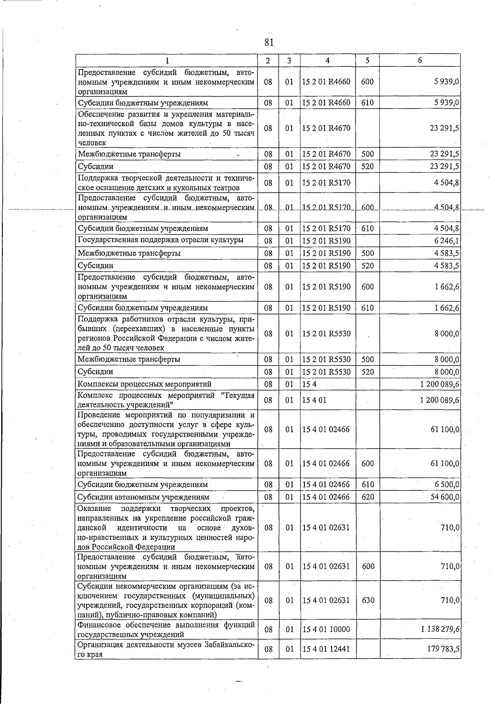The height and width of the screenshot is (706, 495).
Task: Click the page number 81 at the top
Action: (x=269, y=42)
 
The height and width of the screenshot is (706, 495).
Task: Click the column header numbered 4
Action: (x=327, y=60)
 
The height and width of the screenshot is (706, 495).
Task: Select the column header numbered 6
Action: (x=420, y=60)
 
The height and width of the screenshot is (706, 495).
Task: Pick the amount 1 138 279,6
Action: (x=440, y=629)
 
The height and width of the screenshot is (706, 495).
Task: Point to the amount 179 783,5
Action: (x=443, y=649)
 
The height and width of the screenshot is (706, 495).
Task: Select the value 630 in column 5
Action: (x=368, y=600)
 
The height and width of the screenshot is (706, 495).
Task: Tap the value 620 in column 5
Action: (x=368, y=497)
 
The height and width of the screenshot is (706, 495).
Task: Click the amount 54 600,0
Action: (x=445, y=497)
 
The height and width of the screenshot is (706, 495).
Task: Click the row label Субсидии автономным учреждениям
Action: (x=143, y=497)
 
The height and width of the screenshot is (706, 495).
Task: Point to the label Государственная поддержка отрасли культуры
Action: (x=160, y=240)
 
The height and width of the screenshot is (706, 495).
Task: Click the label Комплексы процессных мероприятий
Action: (x=144, y=384)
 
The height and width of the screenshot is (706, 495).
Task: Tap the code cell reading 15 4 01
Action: (x=314, y=400)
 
